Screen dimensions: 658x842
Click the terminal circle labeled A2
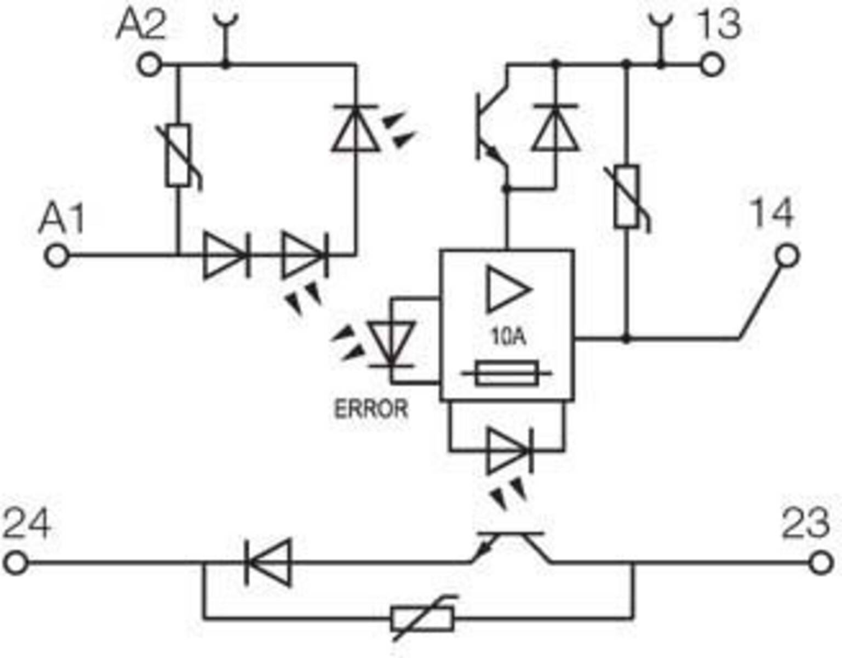coord(149,65)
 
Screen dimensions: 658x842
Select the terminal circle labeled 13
coord(712,65)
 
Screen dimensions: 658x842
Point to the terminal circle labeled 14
coord(787,256)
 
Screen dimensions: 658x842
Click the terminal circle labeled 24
coord(16,563)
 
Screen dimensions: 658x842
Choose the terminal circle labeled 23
coord(821,563)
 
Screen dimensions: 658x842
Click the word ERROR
coord(371,409)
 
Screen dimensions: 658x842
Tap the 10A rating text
coord(508,336)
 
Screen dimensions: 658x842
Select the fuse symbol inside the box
coord(507,374)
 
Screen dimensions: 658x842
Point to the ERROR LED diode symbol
coord(392,344)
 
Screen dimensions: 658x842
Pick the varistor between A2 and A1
coord(179,156)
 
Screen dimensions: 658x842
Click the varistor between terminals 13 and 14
coord(627,196)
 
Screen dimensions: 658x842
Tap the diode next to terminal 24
coord(268,563)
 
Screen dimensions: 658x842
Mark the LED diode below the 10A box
coord(509,451)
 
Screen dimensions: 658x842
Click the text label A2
coord(140,26)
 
